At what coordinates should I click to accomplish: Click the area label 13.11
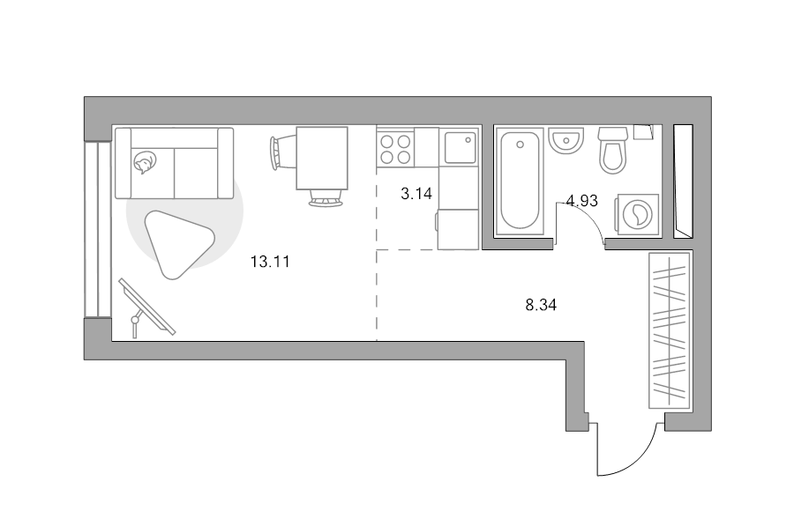coord(270,262)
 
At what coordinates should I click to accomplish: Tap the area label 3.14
coord(416,193)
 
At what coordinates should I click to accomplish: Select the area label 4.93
coord(582,201)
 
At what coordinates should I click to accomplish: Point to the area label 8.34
coord(541,305)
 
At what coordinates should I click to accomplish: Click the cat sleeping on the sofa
coord(145,163)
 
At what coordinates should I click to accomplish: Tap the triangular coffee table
coord(177,244)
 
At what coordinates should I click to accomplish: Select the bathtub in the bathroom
coord(520,182)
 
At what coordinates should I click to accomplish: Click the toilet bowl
coord(613,150)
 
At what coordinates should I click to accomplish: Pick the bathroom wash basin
coord(566,140)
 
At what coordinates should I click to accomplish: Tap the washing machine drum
coord(638,214)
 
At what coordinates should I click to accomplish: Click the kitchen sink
coord(461,146)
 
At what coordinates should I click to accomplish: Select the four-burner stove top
coord(395,149)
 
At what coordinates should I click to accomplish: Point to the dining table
coord(322,158)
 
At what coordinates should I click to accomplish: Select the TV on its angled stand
coord(146,307)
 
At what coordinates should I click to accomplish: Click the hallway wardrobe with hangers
coord(670,330)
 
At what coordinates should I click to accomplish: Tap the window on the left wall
coord(97,229)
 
